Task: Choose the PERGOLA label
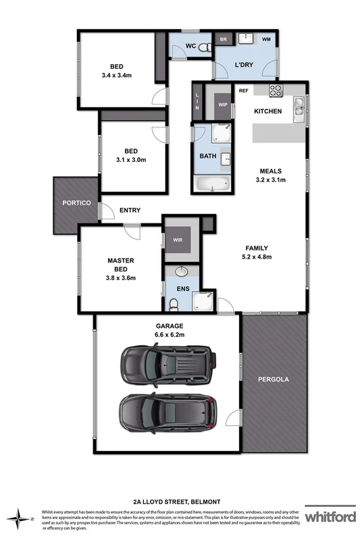click(274, 379)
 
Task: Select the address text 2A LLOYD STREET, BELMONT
click(179, 502)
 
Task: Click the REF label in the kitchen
click(242, 90)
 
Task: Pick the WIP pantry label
click(223, 105)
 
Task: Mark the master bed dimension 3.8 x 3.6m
click(121, 277)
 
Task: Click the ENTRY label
click(130, 210)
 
